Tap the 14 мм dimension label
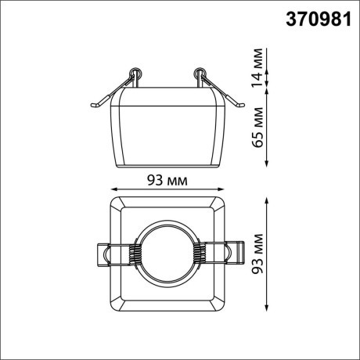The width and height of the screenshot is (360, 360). coord(255,67)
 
